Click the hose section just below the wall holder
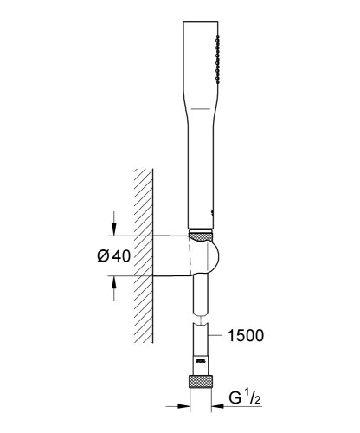(201, 294)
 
